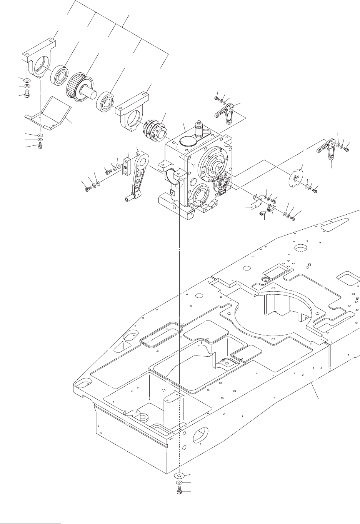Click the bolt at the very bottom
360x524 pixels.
coord(179,491)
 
